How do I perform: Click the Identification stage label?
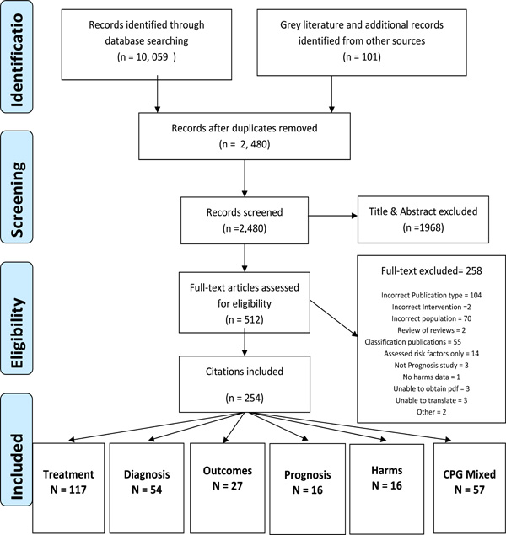[x=17, y=56]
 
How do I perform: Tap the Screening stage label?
[x=17, y=187]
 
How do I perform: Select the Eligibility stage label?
[x=17, y=318]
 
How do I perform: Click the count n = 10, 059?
[x=147, y=56]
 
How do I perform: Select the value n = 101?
[x=362, y=56]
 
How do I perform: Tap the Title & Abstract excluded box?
[x=423, y=219]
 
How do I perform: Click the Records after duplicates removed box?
[x=245, y=136]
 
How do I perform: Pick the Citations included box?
[x=245, y=384]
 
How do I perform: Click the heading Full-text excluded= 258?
[x=431, y=271]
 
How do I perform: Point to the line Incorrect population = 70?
[x=431, y=318]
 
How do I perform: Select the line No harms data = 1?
[x=431, y=377]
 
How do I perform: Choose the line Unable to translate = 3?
[x=431, y=400]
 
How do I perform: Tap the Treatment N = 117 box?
[x=68, y=489]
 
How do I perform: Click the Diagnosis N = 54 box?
[x=147, y=489]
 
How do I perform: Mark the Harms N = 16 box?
[x=387, y=489]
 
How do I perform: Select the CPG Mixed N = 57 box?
[x=470, y=489]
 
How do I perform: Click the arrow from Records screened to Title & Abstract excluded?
[x=333, y=216]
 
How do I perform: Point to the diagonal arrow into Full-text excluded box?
[x=334, y=318]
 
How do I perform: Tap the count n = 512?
[x=245, y=319]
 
